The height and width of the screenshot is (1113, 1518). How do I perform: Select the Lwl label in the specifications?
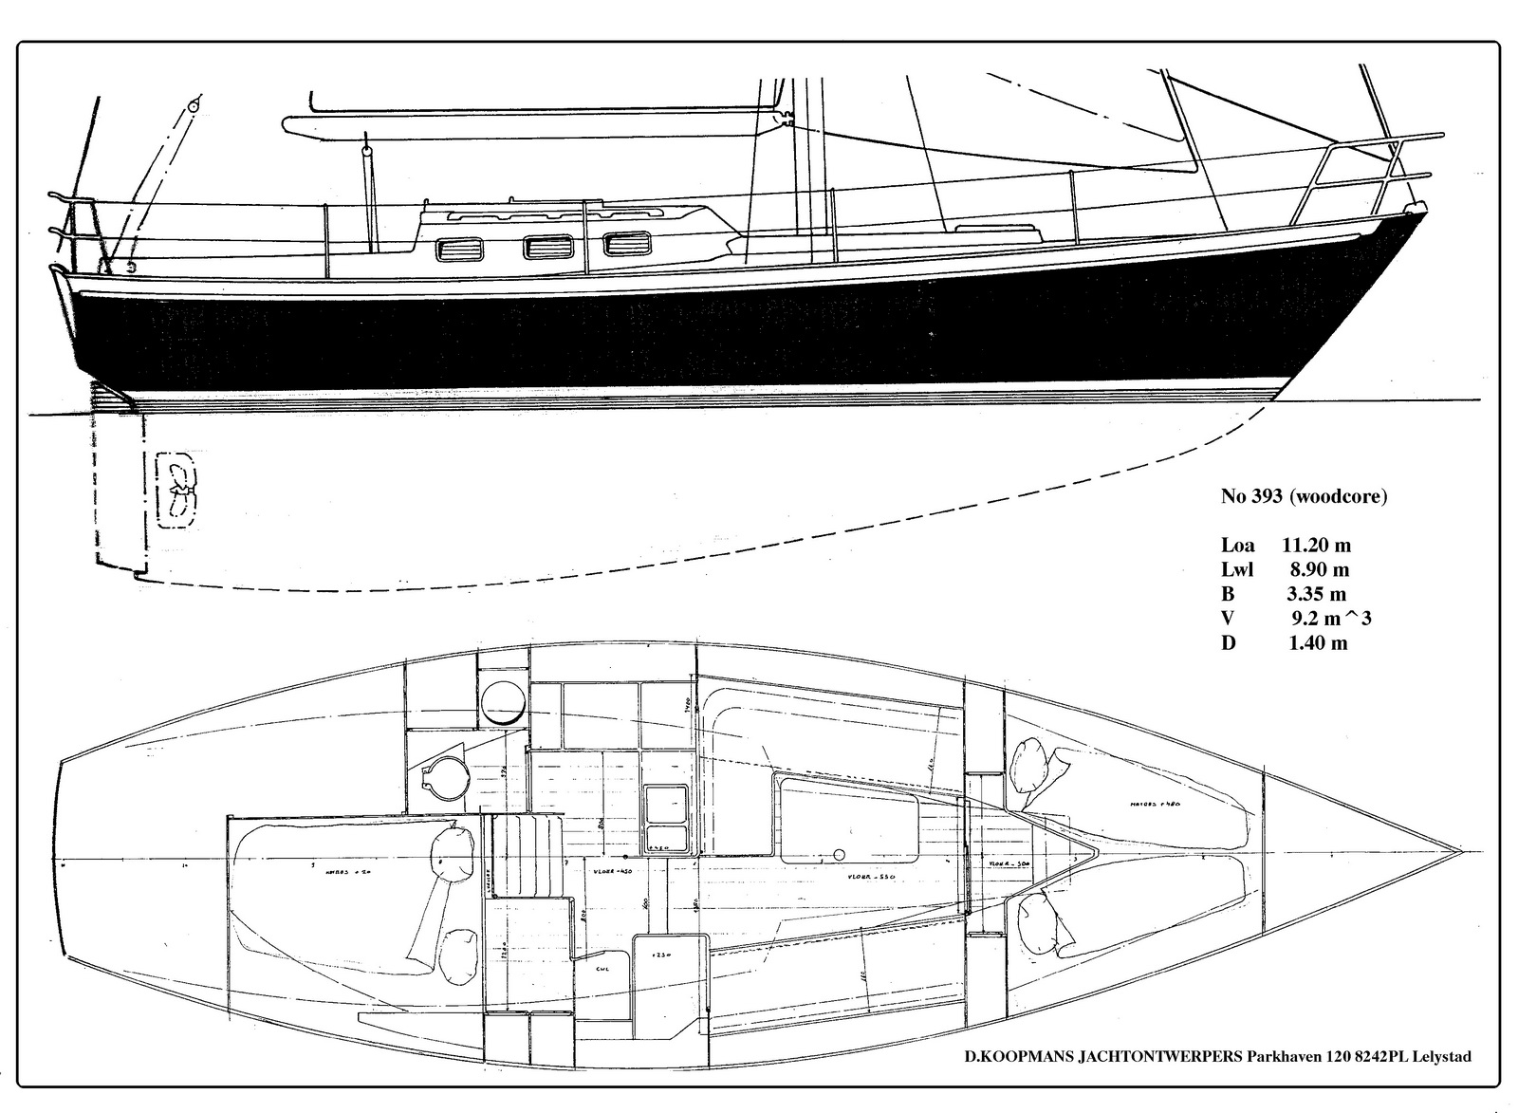(1237, 570)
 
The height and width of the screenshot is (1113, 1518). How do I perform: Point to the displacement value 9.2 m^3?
(1331, 619)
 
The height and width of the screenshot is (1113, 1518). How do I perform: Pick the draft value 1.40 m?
(1317, 643)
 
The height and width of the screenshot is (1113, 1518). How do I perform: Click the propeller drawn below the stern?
(176, 487)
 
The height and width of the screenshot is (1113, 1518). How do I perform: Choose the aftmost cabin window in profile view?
(459, 251)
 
